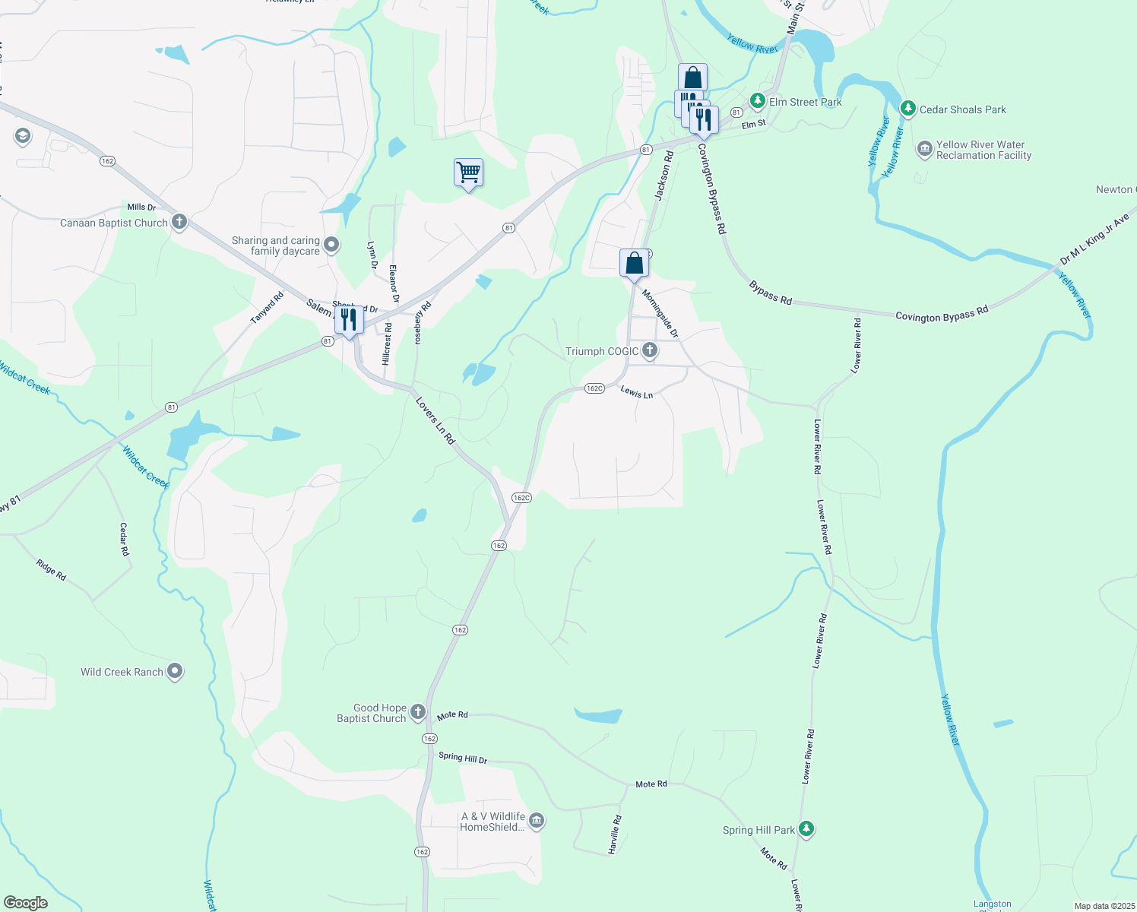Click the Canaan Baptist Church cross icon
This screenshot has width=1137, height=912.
pyautogui.click(x=179, y=222)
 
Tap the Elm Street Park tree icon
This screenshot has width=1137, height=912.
pyautogui.click(x=757, y=101)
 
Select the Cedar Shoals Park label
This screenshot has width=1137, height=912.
pyautogui.click(x=962, y=109)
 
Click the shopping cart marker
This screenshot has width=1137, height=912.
pyautogui.click(x=468, y=173)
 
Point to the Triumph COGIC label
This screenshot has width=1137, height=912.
pyautogui.click(x=602, y=351)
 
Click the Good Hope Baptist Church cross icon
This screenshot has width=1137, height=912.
pyautogui.click(x=417, y=712)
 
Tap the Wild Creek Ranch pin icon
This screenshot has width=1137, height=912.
pyautogui.click(x=175, y=671)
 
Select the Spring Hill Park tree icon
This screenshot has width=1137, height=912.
pyautogui.click(x=806, y=829)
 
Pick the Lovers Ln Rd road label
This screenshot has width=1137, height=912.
pyautogui.click(x=435, y=420)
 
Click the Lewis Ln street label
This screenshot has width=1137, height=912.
pyautogui.click(x=637, y=393)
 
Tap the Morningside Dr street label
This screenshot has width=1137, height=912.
pyautogui.click(x=659, y=313)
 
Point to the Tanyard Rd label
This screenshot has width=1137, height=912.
pyautogui.click(x=267, y=308)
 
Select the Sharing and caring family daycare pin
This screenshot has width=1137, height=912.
pyautogui.click(x=331, y=245)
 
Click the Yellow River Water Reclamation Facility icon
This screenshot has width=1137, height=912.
pyautogui.click(x=924, y=148)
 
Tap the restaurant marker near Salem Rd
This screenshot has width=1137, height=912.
pyautogui.click(x=349, y=321)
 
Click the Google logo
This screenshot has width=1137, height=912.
pyautogui.click(x=26, y=902)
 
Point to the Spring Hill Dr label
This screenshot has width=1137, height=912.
pyautogui.click(x=463, y=758)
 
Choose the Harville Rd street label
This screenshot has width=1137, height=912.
pyautogui.click(x=615, y=834)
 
